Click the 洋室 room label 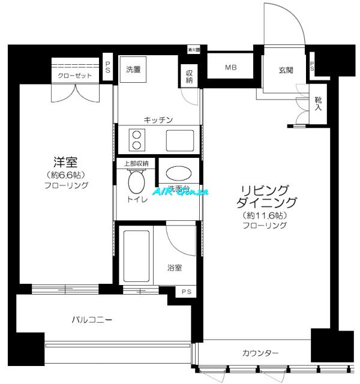[66, 162]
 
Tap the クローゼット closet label [75, 76]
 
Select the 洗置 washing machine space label [133, 69]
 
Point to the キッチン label [158, 120]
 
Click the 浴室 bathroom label [175, 268]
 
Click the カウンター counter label [260, 353]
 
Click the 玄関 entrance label [286, 70]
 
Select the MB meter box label [230, 68]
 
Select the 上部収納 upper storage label [136, 163]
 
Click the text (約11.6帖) [264, 215]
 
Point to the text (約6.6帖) [66, 175]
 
